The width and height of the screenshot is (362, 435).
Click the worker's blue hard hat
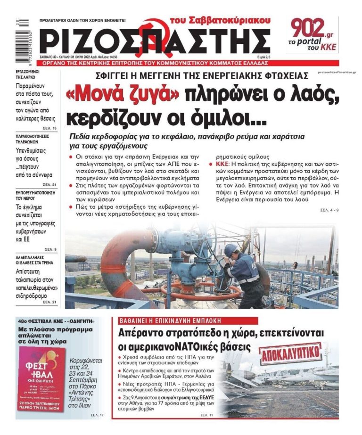click(x=230, y=249)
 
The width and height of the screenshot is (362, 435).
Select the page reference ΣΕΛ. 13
click(x=49, y=128)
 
